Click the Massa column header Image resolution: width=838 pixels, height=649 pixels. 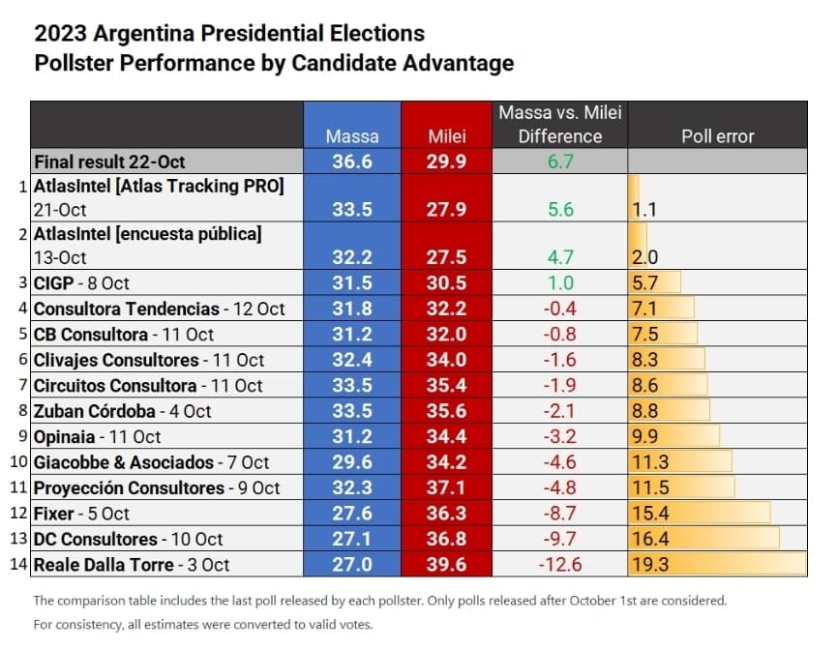351,136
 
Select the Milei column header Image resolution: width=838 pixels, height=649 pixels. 446,136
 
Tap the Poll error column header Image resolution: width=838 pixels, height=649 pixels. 717,136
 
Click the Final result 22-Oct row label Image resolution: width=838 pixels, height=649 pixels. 109,162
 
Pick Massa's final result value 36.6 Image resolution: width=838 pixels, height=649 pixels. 351,162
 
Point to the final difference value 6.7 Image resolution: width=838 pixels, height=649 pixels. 560,162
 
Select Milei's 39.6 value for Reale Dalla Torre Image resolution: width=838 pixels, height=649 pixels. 446,565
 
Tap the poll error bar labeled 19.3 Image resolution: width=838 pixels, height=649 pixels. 716,565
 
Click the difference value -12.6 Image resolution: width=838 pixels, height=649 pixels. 560,565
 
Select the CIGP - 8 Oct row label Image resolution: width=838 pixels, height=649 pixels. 81,283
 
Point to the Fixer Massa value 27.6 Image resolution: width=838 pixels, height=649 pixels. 351,514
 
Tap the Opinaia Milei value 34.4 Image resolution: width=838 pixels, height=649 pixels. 446,437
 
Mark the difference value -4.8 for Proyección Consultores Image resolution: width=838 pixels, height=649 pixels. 560,488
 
